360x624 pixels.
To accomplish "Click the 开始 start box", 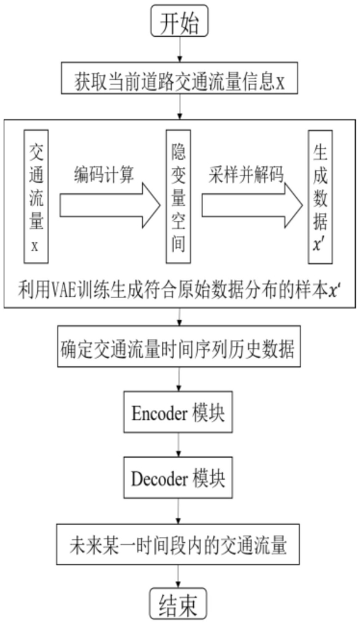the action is pos(179,21).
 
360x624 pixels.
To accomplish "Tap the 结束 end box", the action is pos(178,606).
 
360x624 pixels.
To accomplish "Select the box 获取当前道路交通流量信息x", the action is pos(179,78).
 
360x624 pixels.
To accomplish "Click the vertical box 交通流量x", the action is pos(36,196).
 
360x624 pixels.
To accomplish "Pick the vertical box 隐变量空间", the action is pos(178,196).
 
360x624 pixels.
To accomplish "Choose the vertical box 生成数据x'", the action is pos(320,196).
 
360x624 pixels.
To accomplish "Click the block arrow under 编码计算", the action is pos(110,206).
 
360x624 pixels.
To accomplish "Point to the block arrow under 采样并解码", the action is pos(252,206).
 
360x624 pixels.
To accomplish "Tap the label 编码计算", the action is pos(104,174).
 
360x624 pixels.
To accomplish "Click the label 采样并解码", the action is pos(246,174).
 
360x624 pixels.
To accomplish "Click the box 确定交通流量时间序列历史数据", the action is pos(179,346).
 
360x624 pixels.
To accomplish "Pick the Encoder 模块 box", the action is pos(178,412).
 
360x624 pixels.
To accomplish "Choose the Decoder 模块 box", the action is pos(178,477).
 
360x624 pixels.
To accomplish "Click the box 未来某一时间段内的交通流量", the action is pos(178,544).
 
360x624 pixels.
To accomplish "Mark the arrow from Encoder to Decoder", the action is pos(178,444).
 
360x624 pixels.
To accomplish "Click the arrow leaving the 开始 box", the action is pos(180,49).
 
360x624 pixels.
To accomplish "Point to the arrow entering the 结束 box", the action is pos(178,576).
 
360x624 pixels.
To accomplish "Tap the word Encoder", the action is pos(159,413).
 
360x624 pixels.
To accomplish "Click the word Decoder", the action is pos(159,479).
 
